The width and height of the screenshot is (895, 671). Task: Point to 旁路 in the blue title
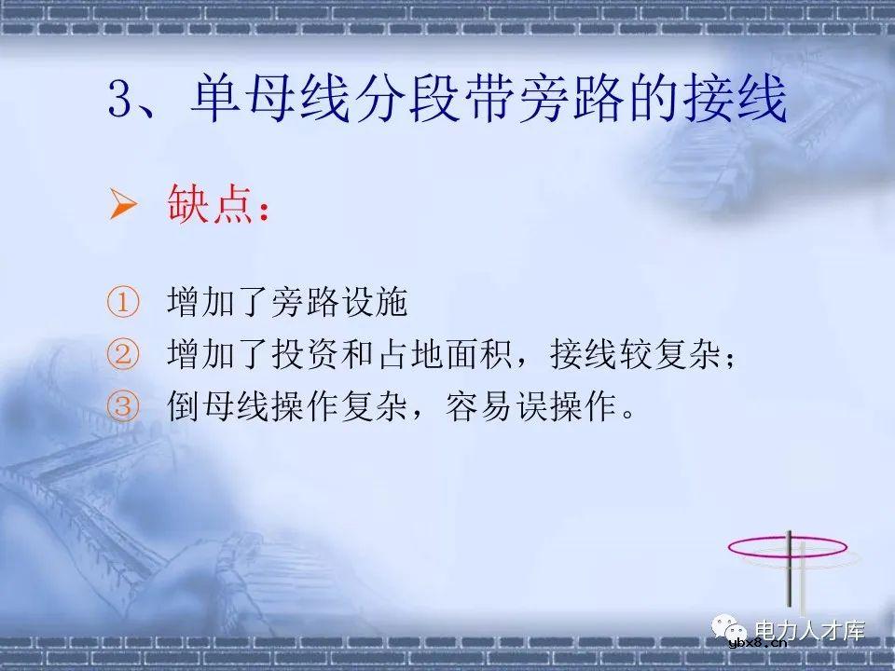point(557,102)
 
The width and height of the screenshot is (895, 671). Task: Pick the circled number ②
point(122,355)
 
